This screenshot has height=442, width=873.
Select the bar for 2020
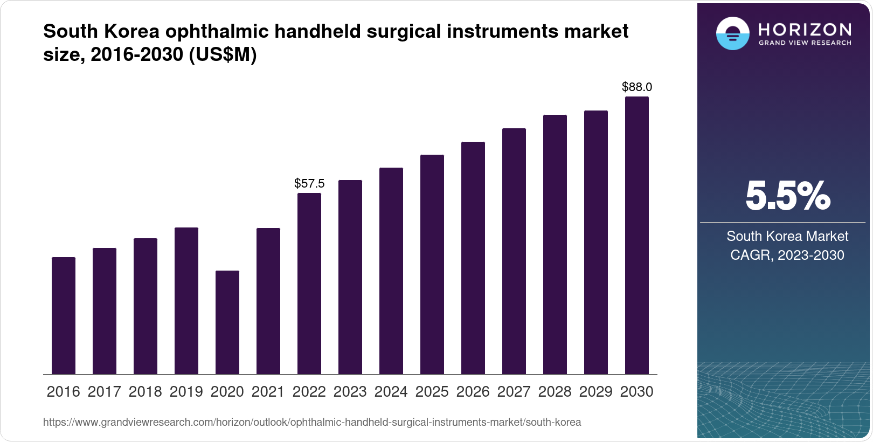(x=227, y=322)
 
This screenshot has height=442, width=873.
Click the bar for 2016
(x=64, y=316)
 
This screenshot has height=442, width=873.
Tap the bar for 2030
(x=636, y=236)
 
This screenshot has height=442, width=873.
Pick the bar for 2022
(x=309, y=284)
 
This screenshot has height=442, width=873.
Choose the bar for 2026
(x=473, y=258)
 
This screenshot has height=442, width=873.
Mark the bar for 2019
(x=186, y=301)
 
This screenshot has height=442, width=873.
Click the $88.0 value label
(x=636, y=87)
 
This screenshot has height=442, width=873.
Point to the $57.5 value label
(x=309, y=183)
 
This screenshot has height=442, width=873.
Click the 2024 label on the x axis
(x=391, y=392)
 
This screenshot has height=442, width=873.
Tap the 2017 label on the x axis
(x=105, y=392)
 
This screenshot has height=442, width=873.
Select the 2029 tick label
(x=595, y=392)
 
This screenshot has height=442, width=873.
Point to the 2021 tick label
(x=268, y=392)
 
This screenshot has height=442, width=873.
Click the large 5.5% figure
(x=787, y=196)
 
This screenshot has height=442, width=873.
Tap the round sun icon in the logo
(x=732, y=34)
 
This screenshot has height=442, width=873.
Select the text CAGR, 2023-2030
(x=787, y=255)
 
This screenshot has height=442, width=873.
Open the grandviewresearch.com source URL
(x=311, y=423)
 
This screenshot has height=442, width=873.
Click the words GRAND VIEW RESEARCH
(x=805, y=43)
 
